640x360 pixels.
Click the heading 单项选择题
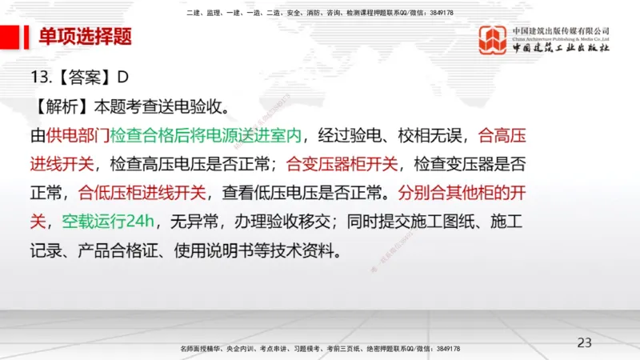[x=85, y=37]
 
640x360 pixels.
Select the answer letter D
[x=123, y=78]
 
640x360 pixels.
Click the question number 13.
[x=40, y=78]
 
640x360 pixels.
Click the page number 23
[x=585, y=342]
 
